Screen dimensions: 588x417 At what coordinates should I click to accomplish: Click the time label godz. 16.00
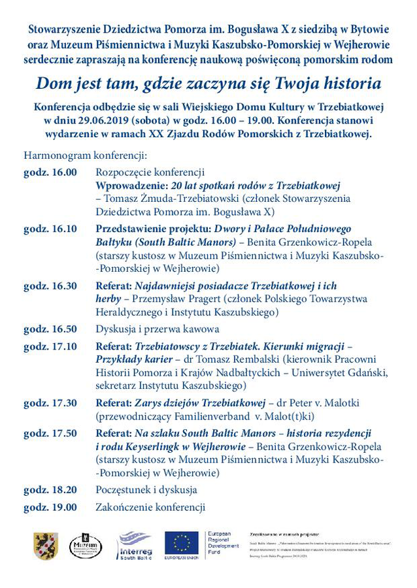click(x=50, y=172)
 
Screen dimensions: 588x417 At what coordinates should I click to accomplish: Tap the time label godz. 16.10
click(x=50, y=229)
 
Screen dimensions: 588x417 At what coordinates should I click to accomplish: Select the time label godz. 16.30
click(x=50, y=286)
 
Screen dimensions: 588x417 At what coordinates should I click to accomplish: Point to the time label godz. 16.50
click(x=50, y=329)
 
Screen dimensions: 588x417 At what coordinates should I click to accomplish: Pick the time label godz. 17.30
click(x=50, y=403)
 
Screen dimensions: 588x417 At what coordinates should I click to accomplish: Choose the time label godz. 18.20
click(x=50, y=489)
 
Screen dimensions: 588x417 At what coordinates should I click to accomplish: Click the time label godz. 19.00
click(x=50, y=507)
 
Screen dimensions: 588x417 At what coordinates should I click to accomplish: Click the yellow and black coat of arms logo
click(x=46, y=546)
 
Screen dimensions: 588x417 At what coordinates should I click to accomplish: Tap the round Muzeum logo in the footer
click(x=86, y=546)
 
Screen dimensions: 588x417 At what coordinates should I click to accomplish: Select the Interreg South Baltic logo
click(x=135, y=546)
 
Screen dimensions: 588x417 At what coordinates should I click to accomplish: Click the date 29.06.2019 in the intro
click(x=109, y=120)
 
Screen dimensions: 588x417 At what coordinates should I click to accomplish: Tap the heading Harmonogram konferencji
click(x=86, y=156)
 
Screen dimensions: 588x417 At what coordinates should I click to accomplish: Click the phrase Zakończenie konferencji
click(x=150, y=507)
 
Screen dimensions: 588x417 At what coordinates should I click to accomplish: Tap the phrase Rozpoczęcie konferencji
click(x=150, y=172)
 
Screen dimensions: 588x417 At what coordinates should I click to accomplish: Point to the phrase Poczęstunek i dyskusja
click(x=146, y=489)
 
